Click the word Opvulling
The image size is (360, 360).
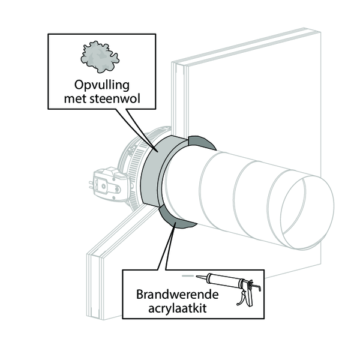pyautogui.click(x=102, y=86)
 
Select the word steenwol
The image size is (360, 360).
pyautogui.click(x=115, y=99)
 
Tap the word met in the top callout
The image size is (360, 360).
pyautogui.click(x=76, y=99)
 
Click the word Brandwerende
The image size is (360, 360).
pyautogui.click(x=177, y=295)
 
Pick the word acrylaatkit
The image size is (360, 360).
pyautogui.click(x=177, y=308)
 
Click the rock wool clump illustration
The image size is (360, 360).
pyautogui.click(x=100, y=57)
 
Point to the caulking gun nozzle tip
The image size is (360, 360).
pyautogui.click(x=197, y=277)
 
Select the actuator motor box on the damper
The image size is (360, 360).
pyautogui.click(x=110, y=184)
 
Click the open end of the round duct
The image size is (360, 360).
pyautogui.click(x=307, y=212)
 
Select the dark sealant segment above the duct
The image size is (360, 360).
pyautogui.click(x=202, y=142)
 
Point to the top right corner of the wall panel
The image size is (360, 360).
pyautogui.click(x=320, y=32)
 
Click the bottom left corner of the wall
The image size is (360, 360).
pyautogui.click(x=87, y=317)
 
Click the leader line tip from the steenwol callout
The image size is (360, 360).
pyautogui.click(x=157, y=151)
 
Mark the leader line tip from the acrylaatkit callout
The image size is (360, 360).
pyautogui.click(x=176, y=223)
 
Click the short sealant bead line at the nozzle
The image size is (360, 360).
pyautogui.click(x=187, y=276)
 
